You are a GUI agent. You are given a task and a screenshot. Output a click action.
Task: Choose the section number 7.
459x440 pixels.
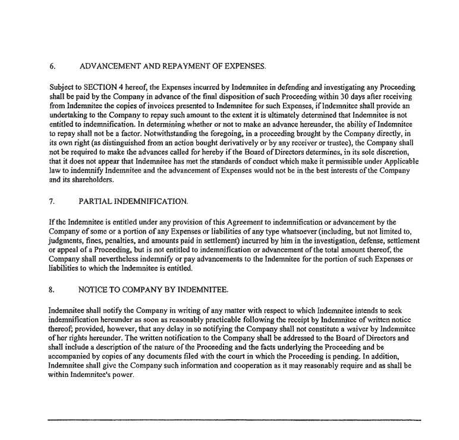pos(52,202)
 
